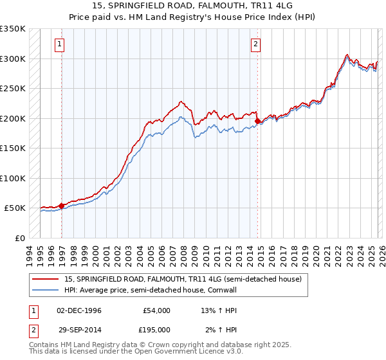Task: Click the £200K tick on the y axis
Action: coord(12,118)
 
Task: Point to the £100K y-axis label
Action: coord(12,178)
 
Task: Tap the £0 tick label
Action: coord(19,238)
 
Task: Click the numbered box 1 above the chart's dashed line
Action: coord(59,44)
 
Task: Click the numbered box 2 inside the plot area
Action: coord(255,44)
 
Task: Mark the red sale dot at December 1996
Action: coord(62,206)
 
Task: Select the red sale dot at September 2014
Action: coord(258,121)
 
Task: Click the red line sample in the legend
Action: coord(46,279)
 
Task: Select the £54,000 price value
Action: coord(156,310)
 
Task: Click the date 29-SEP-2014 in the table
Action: coord(78,329)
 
